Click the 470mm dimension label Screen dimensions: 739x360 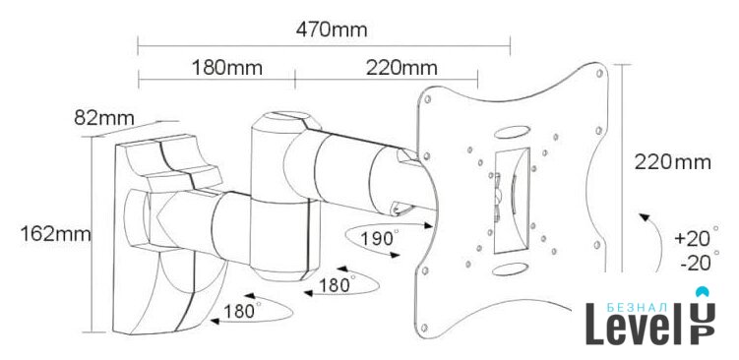pyautogui.click(x=332, y=30)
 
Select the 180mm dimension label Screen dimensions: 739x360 pyautogui.click(x=226, y=68)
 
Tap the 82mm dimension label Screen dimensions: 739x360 pyautogui.click(x=104, y=118)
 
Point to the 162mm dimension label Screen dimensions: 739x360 pyautogui.click(x=55, y=234)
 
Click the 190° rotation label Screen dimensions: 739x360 pyautogui.click(x=380, y=238)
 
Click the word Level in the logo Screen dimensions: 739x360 pyautogui.click(x=634, y=325)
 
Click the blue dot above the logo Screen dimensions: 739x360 pyautogui.click(x=703, y=292)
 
